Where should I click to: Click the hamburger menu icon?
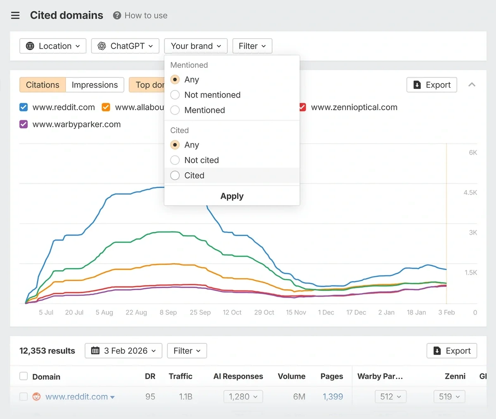point(15,16)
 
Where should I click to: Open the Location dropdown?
point(53,46)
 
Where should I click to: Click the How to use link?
point(141,16)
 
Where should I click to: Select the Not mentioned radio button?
point(175,95)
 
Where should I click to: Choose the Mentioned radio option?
point(175,110)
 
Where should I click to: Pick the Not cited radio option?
point(175,160)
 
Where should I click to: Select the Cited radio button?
point(175,176)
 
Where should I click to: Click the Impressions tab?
point(95,85)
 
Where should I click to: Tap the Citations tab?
point(43,85)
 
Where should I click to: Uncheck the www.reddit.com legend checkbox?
point(24,107)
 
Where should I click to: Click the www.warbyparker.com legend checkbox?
point(24,124)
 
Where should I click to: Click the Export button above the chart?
point(432,85)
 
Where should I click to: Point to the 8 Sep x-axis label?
point(168,312)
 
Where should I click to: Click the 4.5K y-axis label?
point(470,193)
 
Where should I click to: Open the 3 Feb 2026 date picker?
point(124,351)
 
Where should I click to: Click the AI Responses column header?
point(238,376)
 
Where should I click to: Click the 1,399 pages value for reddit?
point(333,397)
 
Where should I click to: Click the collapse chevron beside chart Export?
point(472,85)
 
